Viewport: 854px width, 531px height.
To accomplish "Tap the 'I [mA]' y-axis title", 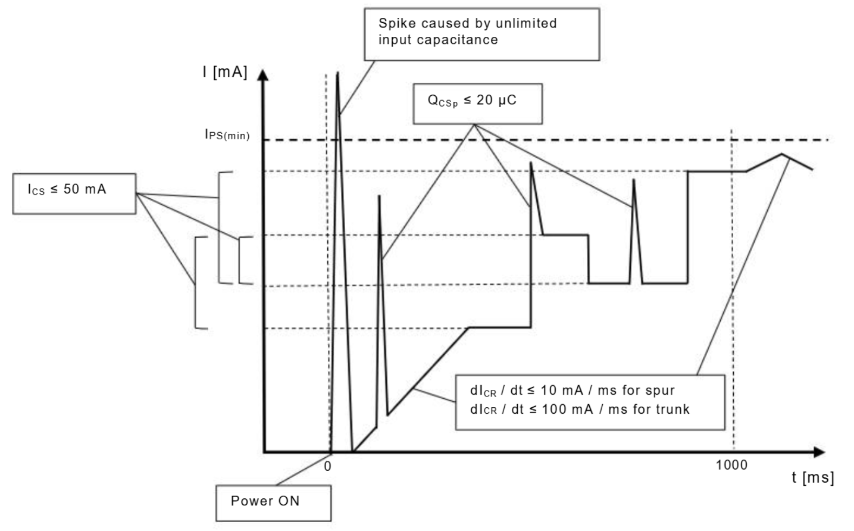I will tap(224, 73).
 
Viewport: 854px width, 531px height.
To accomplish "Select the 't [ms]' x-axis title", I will tap(812, 477).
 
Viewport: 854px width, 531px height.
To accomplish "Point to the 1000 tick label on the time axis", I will tap(731, 465).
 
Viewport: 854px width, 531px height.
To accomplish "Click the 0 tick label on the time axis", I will tap(327, 467).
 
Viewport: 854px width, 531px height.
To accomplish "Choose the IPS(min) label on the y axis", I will tap(227, 135).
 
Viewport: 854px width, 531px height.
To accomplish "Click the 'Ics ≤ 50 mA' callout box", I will tap(74, 193).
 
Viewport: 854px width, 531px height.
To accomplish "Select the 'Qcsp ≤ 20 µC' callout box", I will tap(477, 104).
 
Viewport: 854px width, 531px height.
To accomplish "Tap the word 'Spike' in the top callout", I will tap(397, 23).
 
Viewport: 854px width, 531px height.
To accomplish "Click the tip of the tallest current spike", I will tap(338, 73).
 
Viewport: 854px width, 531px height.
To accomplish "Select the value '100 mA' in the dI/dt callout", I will tap(568, 410).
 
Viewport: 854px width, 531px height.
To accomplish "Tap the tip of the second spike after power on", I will tap(379, 195).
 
